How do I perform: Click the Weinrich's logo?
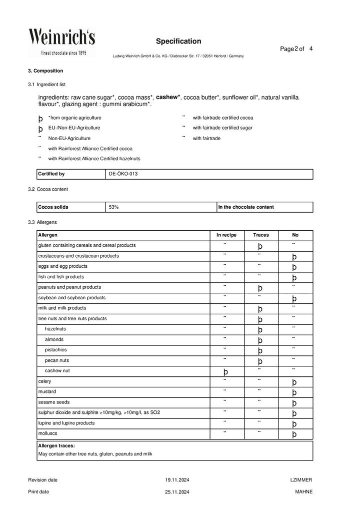[61, 42]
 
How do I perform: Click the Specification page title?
[178, 41]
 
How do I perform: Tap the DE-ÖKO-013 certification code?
[123, 174]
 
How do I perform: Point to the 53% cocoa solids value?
[113, 207]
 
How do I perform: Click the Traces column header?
[260, 235]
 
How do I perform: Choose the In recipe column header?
[226, 235]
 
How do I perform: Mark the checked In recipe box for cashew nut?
[225, 372]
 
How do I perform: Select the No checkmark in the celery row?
[294, 382]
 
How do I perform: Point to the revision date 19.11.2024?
[177, 480]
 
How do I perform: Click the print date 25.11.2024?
[177, 492]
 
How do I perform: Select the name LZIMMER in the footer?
[301, 480]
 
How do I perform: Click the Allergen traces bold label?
[56, 445]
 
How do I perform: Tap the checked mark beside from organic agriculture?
[40, 119]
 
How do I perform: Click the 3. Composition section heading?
[45, 71]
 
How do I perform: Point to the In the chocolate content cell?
[246, 207]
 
